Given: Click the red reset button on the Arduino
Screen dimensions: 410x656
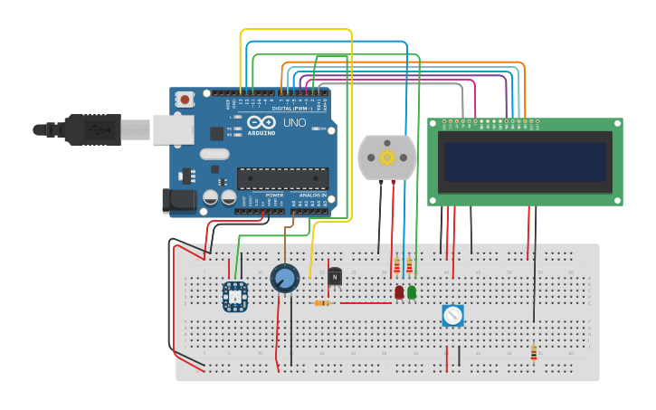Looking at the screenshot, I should [185, 100].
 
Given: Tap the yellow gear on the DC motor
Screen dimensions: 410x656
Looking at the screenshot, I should [387, 157].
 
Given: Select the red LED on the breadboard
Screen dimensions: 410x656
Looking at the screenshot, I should [399, 292].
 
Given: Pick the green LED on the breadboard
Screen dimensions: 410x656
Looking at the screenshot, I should [412, 292].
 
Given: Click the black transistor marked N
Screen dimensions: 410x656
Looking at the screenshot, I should [335, 276].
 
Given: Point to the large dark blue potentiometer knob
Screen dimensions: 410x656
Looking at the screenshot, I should [285, 278].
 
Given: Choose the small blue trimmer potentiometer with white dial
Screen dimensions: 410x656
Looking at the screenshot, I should [452, 315].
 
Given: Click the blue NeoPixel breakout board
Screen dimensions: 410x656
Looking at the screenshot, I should [235, 296].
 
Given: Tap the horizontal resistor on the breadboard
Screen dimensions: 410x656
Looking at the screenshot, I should [322, 303].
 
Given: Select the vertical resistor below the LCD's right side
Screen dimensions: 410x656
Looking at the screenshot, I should [534, 352].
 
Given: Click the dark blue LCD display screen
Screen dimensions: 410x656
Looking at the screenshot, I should [524, 161].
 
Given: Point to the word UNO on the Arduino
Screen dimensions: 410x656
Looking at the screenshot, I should [295, 122].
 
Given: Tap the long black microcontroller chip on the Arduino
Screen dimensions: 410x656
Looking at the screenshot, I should [282, 178].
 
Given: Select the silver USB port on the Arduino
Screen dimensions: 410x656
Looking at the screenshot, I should [174, 129].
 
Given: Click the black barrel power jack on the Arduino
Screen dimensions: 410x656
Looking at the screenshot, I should [178, 201].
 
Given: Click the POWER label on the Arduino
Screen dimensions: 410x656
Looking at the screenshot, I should [274, 195].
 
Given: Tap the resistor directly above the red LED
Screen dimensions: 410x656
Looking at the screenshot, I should [397, 266].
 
